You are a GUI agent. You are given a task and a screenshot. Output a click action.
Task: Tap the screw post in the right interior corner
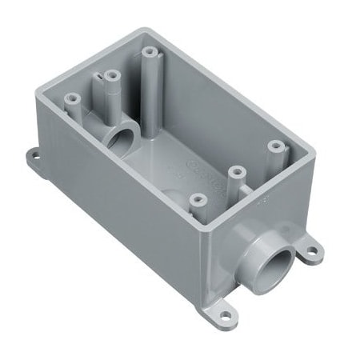pos(276,147)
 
